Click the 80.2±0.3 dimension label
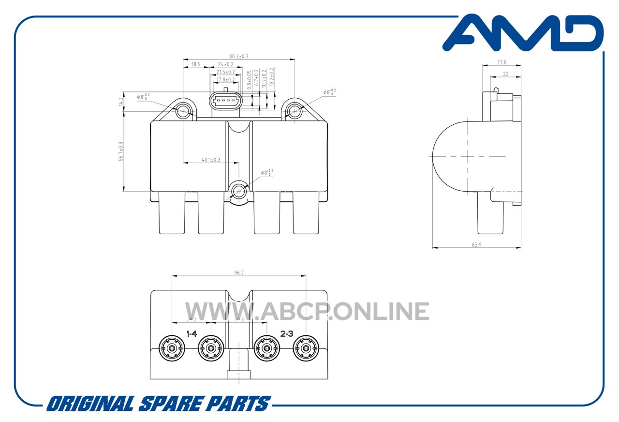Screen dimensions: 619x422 click(238, 56)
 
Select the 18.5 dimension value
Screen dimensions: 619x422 click(196, 64)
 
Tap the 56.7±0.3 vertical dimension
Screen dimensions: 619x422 click(120, 151)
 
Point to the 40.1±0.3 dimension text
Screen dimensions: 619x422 click(211, 159)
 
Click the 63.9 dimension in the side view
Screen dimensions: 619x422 click(476, 245)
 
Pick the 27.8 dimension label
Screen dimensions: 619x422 click(501, 62)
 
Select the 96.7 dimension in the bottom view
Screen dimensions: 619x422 click(238, 273)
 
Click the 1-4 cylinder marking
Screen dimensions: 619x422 click(192, 333)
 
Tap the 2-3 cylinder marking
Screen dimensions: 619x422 click(287, 333)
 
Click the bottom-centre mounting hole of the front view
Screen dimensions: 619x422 click(239, 192)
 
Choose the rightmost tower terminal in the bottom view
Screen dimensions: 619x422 click(306, 348)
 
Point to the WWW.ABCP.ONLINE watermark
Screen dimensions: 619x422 click(307, 311)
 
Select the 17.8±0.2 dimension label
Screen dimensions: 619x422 click(225, 79)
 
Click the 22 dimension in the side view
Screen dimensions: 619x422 click(505, 74)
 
